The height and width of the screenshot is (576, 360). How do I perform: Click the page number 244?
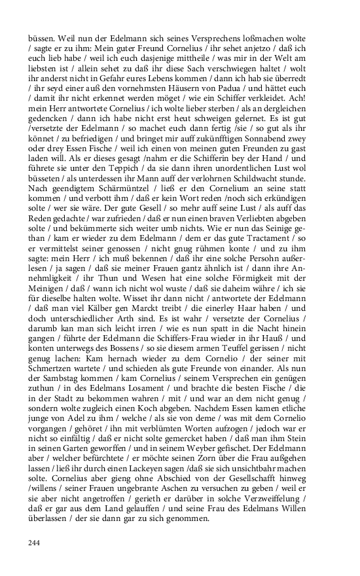pos(34,543)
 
